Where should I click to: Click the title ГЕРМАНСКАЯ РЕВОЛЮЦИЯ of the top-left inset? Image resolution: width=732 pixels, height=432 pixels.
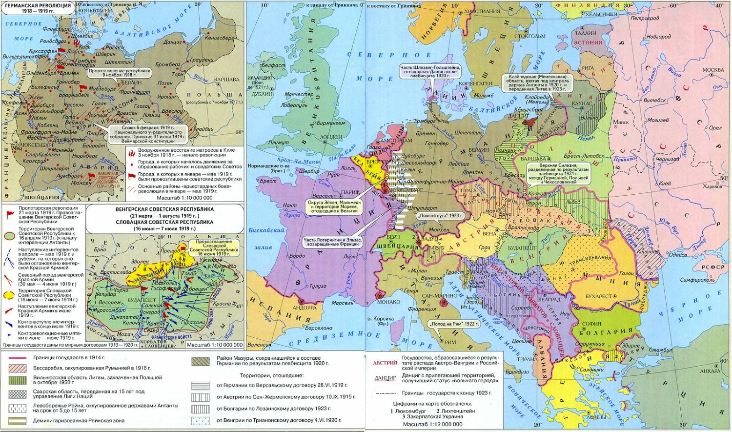click(38, 5)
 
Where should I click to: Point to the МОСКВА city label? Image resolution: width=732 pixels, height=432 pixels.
click(713, 70)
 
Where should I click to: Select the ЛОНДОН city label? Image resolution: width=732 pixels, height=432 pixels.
click(331, 137)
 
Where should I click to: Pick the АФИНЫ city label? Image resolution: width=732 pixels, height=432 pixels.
click(595, 417)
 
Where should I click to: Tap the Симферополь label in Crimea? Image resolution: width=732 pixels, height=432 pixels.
click(698, 280)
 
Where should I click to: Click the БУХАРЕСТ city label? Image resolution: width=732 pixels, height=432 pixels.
click(598, 296)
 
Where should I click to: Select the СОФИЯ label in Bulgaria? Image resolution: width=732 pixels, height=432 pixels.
click(591, 323)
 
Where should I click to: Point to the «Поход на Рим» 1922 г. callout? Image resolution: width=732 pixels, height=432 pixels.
click(447, 324)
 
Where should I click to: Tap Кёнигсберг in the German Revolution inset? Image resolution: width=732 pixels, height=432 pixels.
click(220, 38)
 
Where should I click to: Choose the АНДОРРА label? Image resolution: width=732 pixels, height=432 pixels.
click(305, 308)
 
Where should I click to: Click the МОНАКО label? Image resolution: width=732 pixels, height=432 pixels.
click(389, 302)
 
